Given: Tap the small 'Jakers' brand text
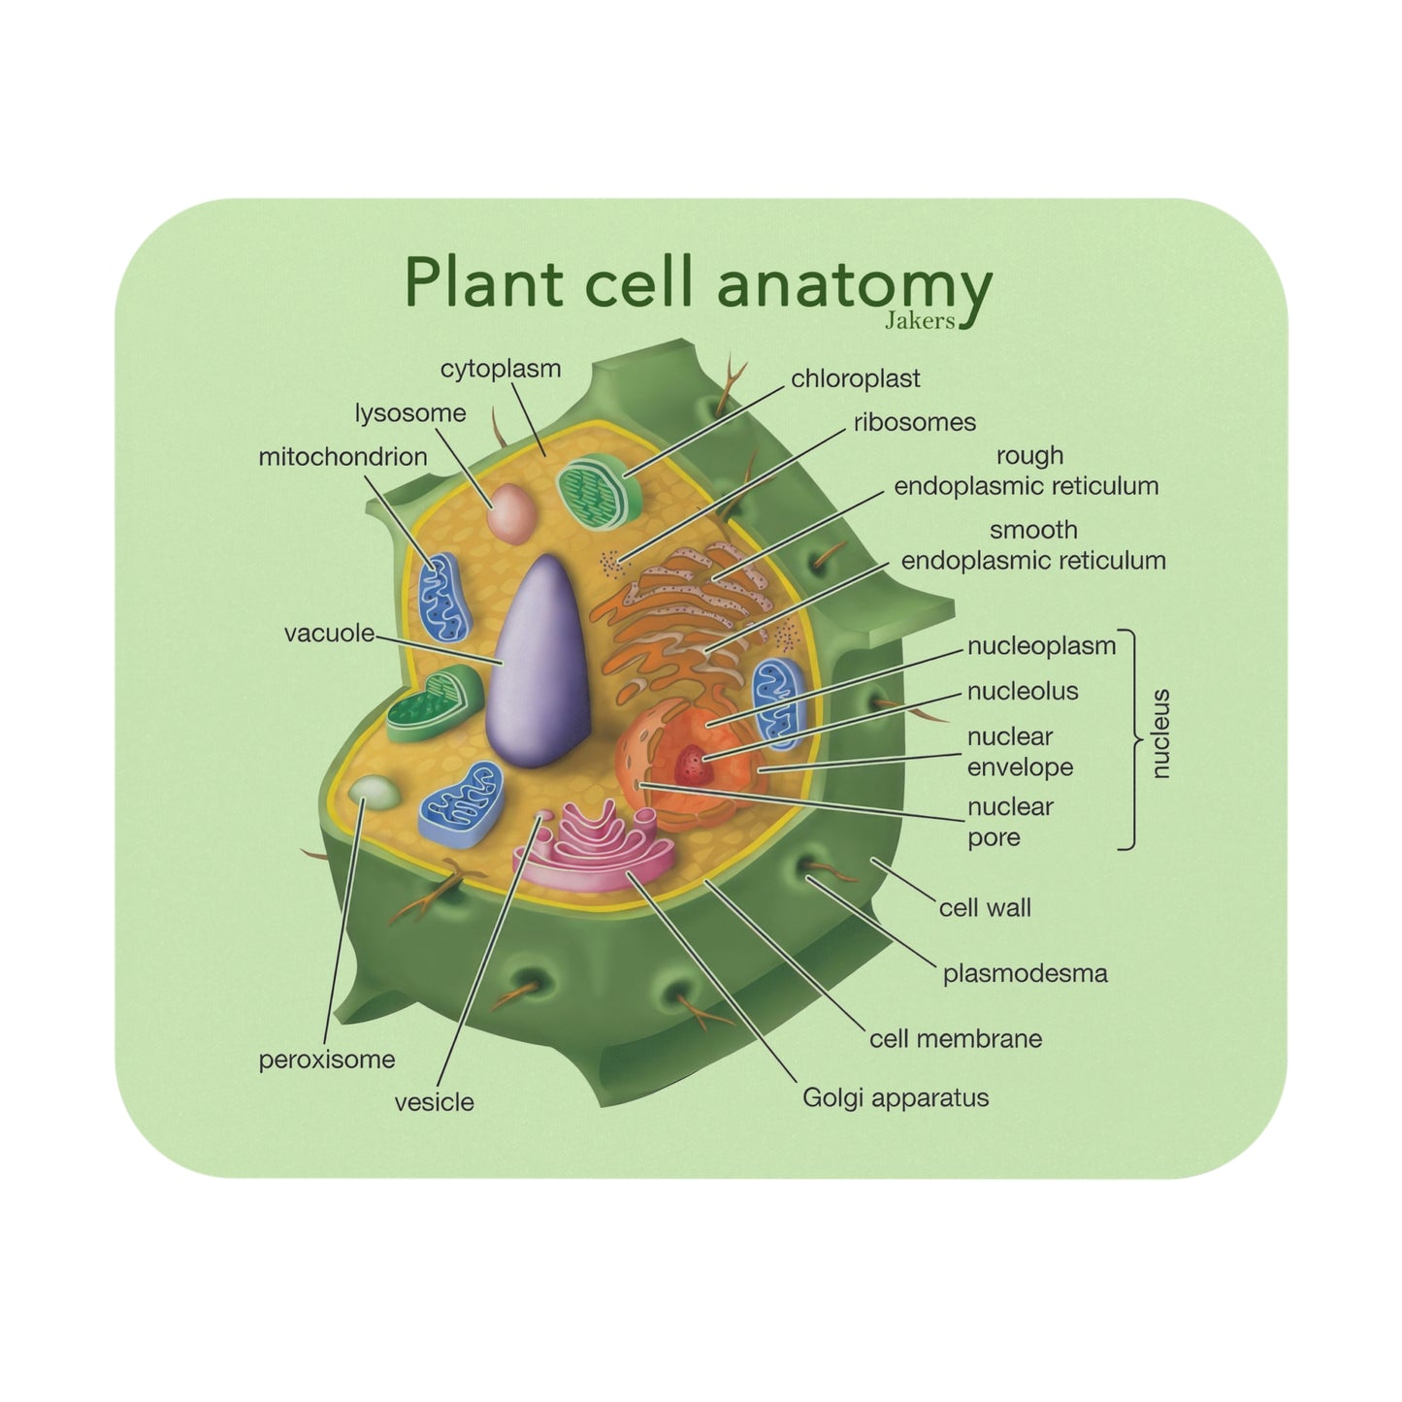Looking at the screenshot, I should point(920,320).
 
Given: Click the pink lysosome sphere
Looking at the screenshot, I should point(510,513).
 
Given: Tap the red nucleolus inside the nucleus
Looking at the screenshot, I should point(693,766).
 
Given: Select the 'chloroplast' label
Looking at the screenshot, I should point(855,378).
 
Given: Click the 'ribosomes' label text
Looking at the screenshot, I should point(914,422).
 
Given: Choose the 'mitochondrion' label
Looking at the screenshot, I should point(342,457).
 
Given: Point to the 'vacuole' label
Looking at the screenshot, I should point(329,634).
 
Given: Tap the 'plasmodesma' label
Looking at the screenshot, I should point(1025,973).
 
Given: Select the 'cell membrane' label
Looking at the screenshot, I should point(955,1038).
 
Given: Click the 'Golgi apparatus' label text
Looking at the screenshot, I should point(895,1097).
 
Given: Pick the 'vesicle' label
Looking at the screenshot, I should point(434,1102).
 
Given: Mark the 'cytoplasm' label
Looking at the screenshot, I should point(501,369).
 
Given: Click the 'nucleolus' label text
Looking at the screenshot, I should point(1022,691).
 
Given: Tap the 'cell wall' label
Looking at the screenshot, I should point(984,908).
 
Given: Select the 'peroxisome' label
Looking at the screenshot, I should point(327,1060).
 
